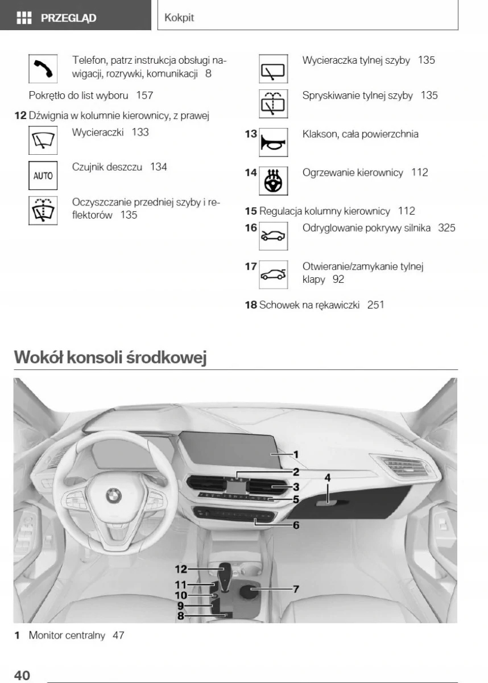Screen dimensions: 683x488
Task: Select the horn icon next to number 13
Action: pyautogui.click(x=273, y=143)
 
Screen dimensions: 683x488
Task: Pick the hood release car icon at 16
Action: pyautogui.click(x=273, y=236)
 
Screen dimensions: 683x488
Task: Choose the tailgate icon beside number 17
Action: pyautogui.click(x=273, y=274)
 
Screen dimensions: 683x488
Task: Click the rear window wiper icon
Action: pyautogui.click(x=273, y=69)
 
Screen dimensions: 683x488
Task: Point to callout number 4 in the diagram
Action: pyautogui.click(x=328, y=478)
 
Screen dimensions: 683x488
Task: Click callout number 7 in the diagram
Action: pyautogui.click(x=296, y=589)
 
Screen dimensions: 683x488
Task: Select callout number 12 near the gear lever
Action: pyautogui.click(x=181, y=569)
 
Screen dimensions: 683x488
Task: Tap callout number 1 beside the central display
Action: pyautogui.click(x=296, y=454)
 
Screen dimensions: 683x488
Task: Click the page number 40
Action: pyautogui.click(x=22, y=675)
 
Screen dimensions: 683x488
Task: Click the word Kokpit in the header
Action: pyautogui.click(x=179, y=18)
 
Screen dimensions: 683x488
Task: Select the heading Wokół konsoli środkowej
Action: pyautogui.click(x=110, y=357)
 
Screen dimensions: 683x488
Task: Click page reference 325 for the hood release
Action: pyautogui.click(x=446, y=228)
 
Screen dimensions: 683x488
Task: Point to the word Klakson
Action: pyautogui.click(x=320, y=134)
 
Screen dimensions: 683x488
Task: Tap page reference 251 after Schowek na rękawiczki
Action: pyautogui.click(x=375, y=305)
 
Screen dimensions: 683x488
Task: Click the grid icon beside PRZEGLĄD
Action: pyautogui.click(x=24, y=18)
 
